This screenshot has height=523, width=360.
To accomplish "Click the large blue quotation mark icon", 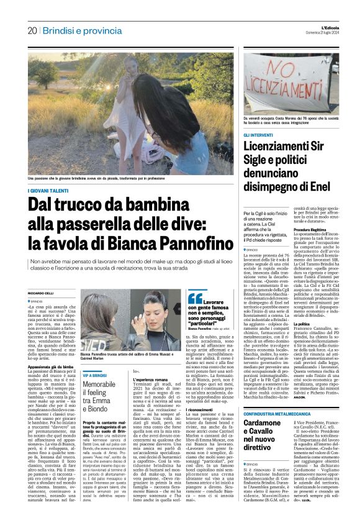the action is [194, 299].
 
